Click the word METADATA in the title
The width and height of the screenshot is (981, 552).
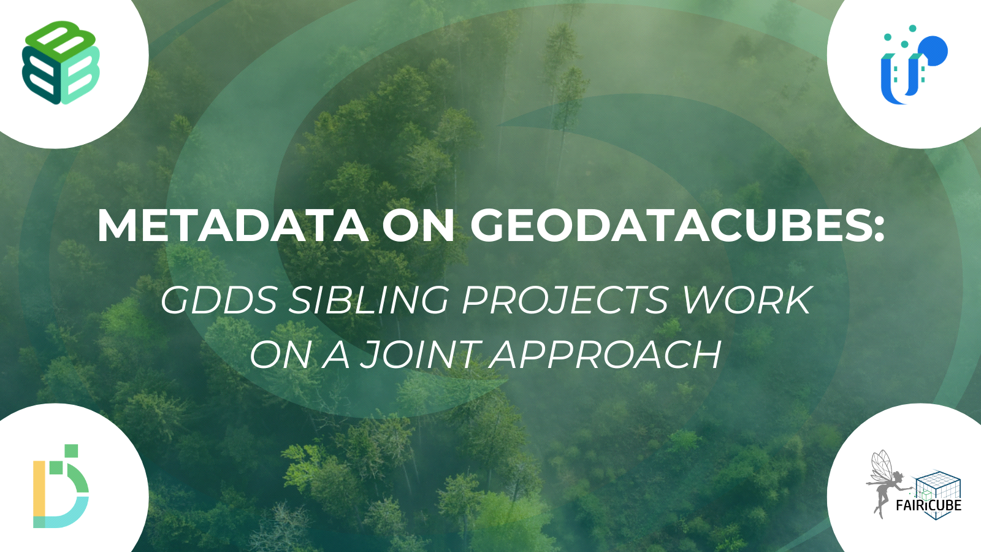click(x=233, y=226)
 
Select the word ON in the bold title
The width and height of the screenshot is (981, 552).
click(x=418, y=226)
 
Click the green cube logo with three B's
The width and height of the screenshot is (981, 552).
click(x=61, y=62)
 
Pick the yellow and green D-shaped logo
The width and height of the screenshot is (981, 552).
click(x=61, y=486)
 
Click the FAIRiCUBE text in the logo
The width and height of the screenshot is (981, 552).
click(x=928, y=505)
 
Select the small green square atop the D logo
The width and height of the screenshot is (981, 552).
click(x=71, y=451)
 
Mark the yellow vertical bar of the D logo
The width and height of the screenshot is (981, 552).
click(x=39, y=494)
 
